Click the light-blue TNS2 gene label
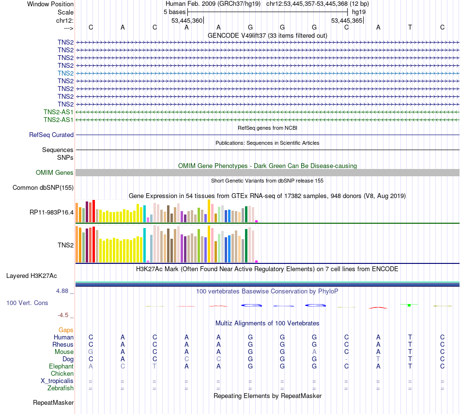coord(65,73)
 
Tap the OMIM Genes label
coord(55,173)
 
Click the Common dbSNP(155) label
coord(43,188)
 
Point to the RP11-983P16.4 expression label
coord(52,212)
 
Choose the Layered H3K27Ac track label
coord(31,276)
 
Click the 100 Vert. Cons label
coord(27,303)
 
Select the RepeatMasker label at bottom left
coord(53,403)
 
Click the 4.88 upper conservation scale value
coord(63,291)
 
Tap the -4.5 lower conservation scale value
coord(63,315)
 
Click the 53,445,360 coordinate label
coord(187,21)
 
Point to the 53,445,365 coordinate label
coord(346,21)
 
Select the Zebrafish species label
coord(61,388)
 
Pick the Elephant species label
coord(61,367)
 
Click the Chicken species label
coord(62,374)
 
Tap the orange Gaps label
coord(66,330)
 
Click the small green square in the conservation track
coord(409,305)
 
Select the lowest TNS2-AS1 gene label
coord(59,120)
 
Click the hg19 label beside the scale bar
coord(359,12)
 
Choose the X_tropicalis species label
coord(57,381)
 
